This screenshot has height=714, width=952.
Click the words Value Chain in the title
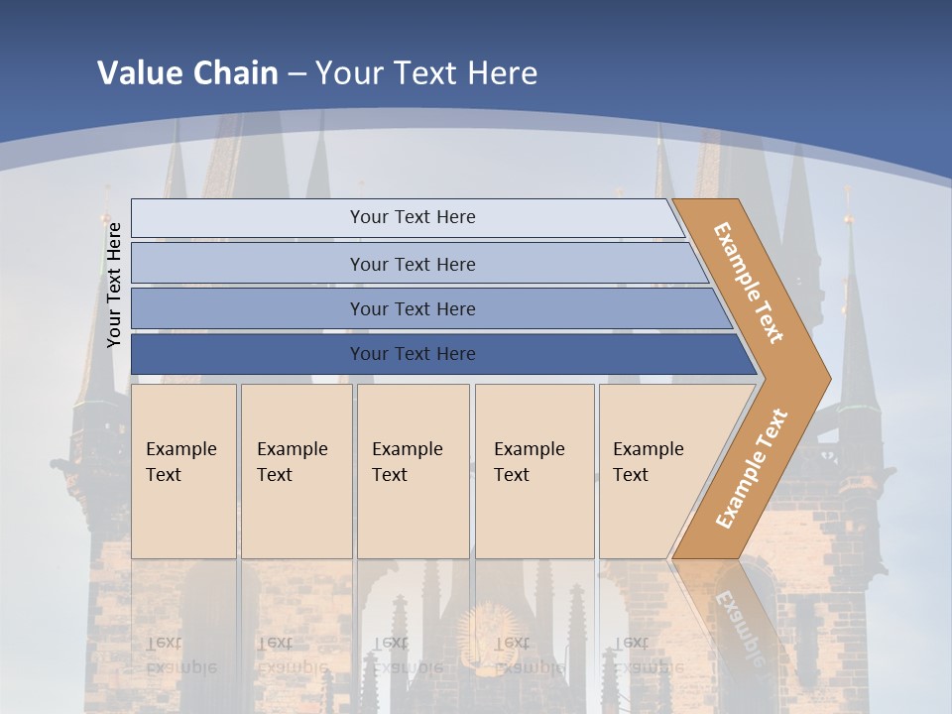pos(187,73)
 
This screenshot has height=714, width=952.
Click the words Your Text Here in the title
pos(426,73)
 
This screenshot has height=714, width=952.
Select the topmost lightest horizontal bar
pos(248,218)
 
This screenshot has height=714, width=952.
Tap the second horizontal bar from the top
pos(248,264)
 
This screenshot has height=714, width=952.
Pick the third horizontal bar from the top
pos(248,308)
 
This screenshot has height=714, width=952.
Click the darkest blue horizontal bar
pos(248,354)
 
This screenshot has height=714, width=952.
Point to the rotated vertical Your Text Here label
pos(114,285)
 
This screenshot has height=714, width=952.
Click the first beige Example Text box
pos(183,471)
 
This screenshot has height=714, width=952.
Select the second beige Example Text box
pos(297,471)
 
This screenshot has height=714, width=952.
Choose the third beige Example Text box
pos(413,471)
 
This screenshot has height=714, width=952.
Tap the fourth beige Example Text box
pos(535,471)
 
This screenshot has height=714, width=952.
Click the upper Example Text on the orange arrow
pos(749,283)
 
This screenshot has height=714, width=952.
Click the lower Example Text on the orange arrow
pos(752,468)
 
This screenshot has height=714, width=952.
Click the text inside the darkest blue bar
pos(413,354)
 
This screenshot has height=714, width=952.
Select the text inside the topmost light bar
pos(413,217)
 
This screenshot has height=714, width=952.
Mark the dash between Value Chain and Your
pos(297,74)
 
